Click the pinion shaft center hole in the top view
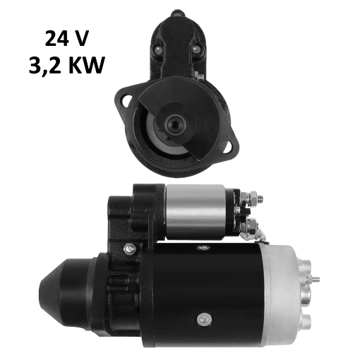(174, 124)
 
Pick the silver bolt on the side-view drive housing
(128, 248)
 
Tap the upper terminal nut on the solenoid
(248, 198)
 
